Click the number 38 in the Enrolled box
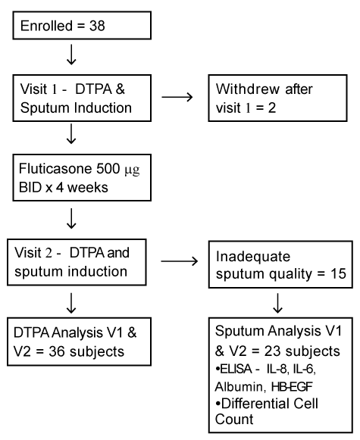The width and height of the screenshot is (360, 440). (97, 26)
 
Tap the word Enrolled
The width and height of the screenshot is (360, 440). (47, 26)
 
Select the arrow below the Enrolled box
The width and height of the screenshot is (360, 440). (71, 55)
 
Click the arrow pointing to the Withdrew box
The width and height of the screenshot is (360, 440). (177, 97)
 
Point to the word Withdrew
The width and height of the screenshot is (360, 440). (248, 89)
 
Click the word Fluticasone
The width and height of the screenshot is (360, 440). (55, 169)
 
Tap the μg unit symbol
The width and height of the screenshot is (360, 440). (133, 170)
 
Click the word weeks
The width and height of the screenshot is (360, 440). (88, 187)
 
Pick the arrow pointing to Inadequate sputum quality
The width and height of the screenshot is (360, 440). (180, 261)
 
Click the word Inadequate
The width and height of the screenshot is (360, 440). (253, 257)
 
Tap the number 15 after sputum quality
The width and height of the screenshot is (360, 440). (338, 274)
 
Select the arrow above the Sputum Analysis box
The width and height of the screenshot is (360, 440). (277, 303)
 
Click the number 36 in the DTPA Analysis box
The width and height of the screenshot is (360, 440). (58, 351)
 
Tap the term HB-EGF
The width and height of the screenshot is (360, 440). (292, 387)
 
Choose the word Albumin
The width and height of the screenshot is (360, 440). (239, 387)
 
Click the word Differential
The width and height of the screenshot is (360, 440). (255, 404)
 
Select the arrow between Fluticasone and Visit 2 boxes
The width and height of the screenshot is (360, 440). (71, 218)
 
